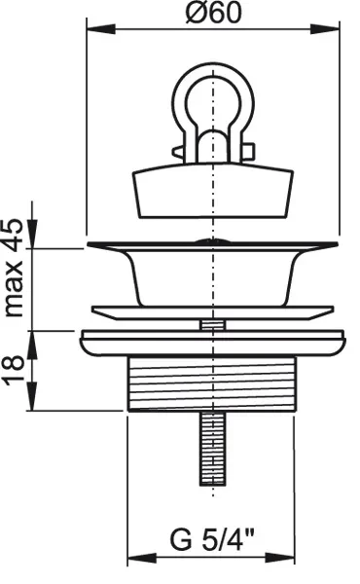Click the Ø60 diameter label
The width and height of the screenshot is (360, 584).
(x=213, y=14)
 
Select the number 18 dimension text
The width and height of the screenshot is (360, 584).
(x=14, y=371)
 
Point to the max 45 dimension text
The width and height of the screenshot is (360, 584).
(x=14, y=268)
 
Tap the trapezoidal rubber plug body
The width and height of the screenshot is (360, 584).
(x=213, y=192)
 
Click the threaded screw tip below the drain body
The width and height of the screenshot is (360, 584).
(x=212, y=449)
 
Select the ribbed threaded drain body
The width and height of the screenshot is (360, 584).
(x=212, y=383)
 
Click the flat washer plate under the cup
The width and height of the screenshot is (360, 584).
(x=212, y=312)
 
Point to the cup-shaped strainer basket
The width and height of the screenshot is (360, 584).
(x=212, y=277)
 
